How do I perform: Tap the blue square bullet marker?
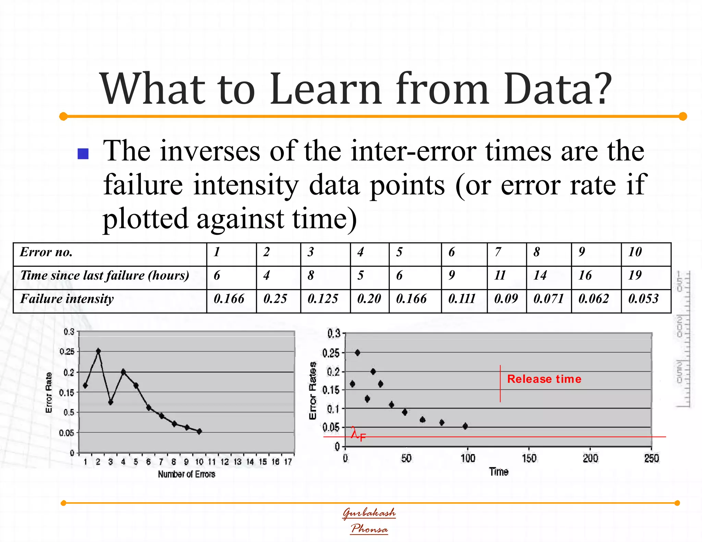click(x=83, y=154)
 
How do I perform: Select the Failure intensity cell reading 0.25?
click(x=275, y=299)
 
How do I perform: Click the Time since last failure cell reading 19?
click(x=635, y=275)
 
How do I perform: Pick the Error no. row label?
click(x=46, y=252)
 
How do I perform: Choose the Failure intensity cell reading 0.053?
click(x=643, y=299)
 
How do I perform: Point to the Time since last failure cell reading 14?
click(x=540, y=275)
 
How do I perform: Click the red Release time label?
click(x=544, y=379)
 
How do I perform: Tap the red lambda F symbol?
click(x=358, y=434)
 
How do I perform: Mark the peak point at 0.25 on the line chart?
click(x=98, y=351)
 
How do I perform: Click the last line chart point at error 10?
click(x=199, y=431)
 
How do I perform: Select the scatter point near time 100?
click(x=465, y=426)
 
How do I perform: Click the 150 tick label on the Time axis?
click(x=529, y=458)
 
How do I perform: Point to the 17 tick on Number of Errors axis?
click(x=288, y=462)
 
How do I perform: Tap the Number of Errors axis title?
click(x=186, y=474)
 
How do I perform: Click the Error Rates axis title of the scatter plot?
click(x=313, y=390)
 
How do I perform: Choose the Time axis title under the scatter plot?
click(x=499, y=472)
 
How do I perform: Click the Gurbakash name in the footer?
click(x=369, y=513)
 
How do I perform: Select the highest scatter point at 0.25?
click(x=358, y=353)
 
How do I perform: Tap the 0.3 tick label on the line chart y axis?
click(x=69, y=332)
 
